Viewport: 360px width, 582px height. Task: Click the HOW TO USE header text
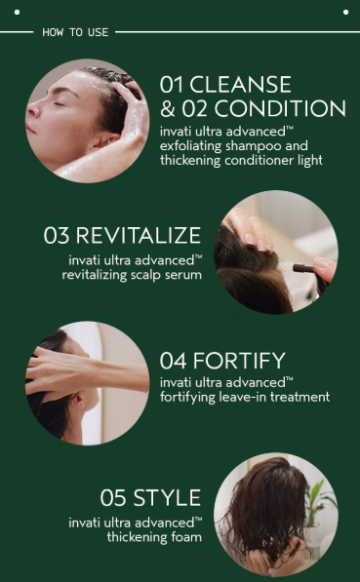pos(75,32)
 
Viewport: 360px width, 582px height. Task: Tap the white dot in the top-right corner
pos(344,13)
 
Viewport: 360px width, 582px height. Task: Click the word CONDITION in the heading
pos(284,108)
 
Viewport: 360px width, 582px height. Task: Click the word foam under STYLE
pos(185,536)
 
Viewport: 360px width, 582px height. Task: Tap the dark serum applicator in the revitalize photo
pos(305,267)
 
